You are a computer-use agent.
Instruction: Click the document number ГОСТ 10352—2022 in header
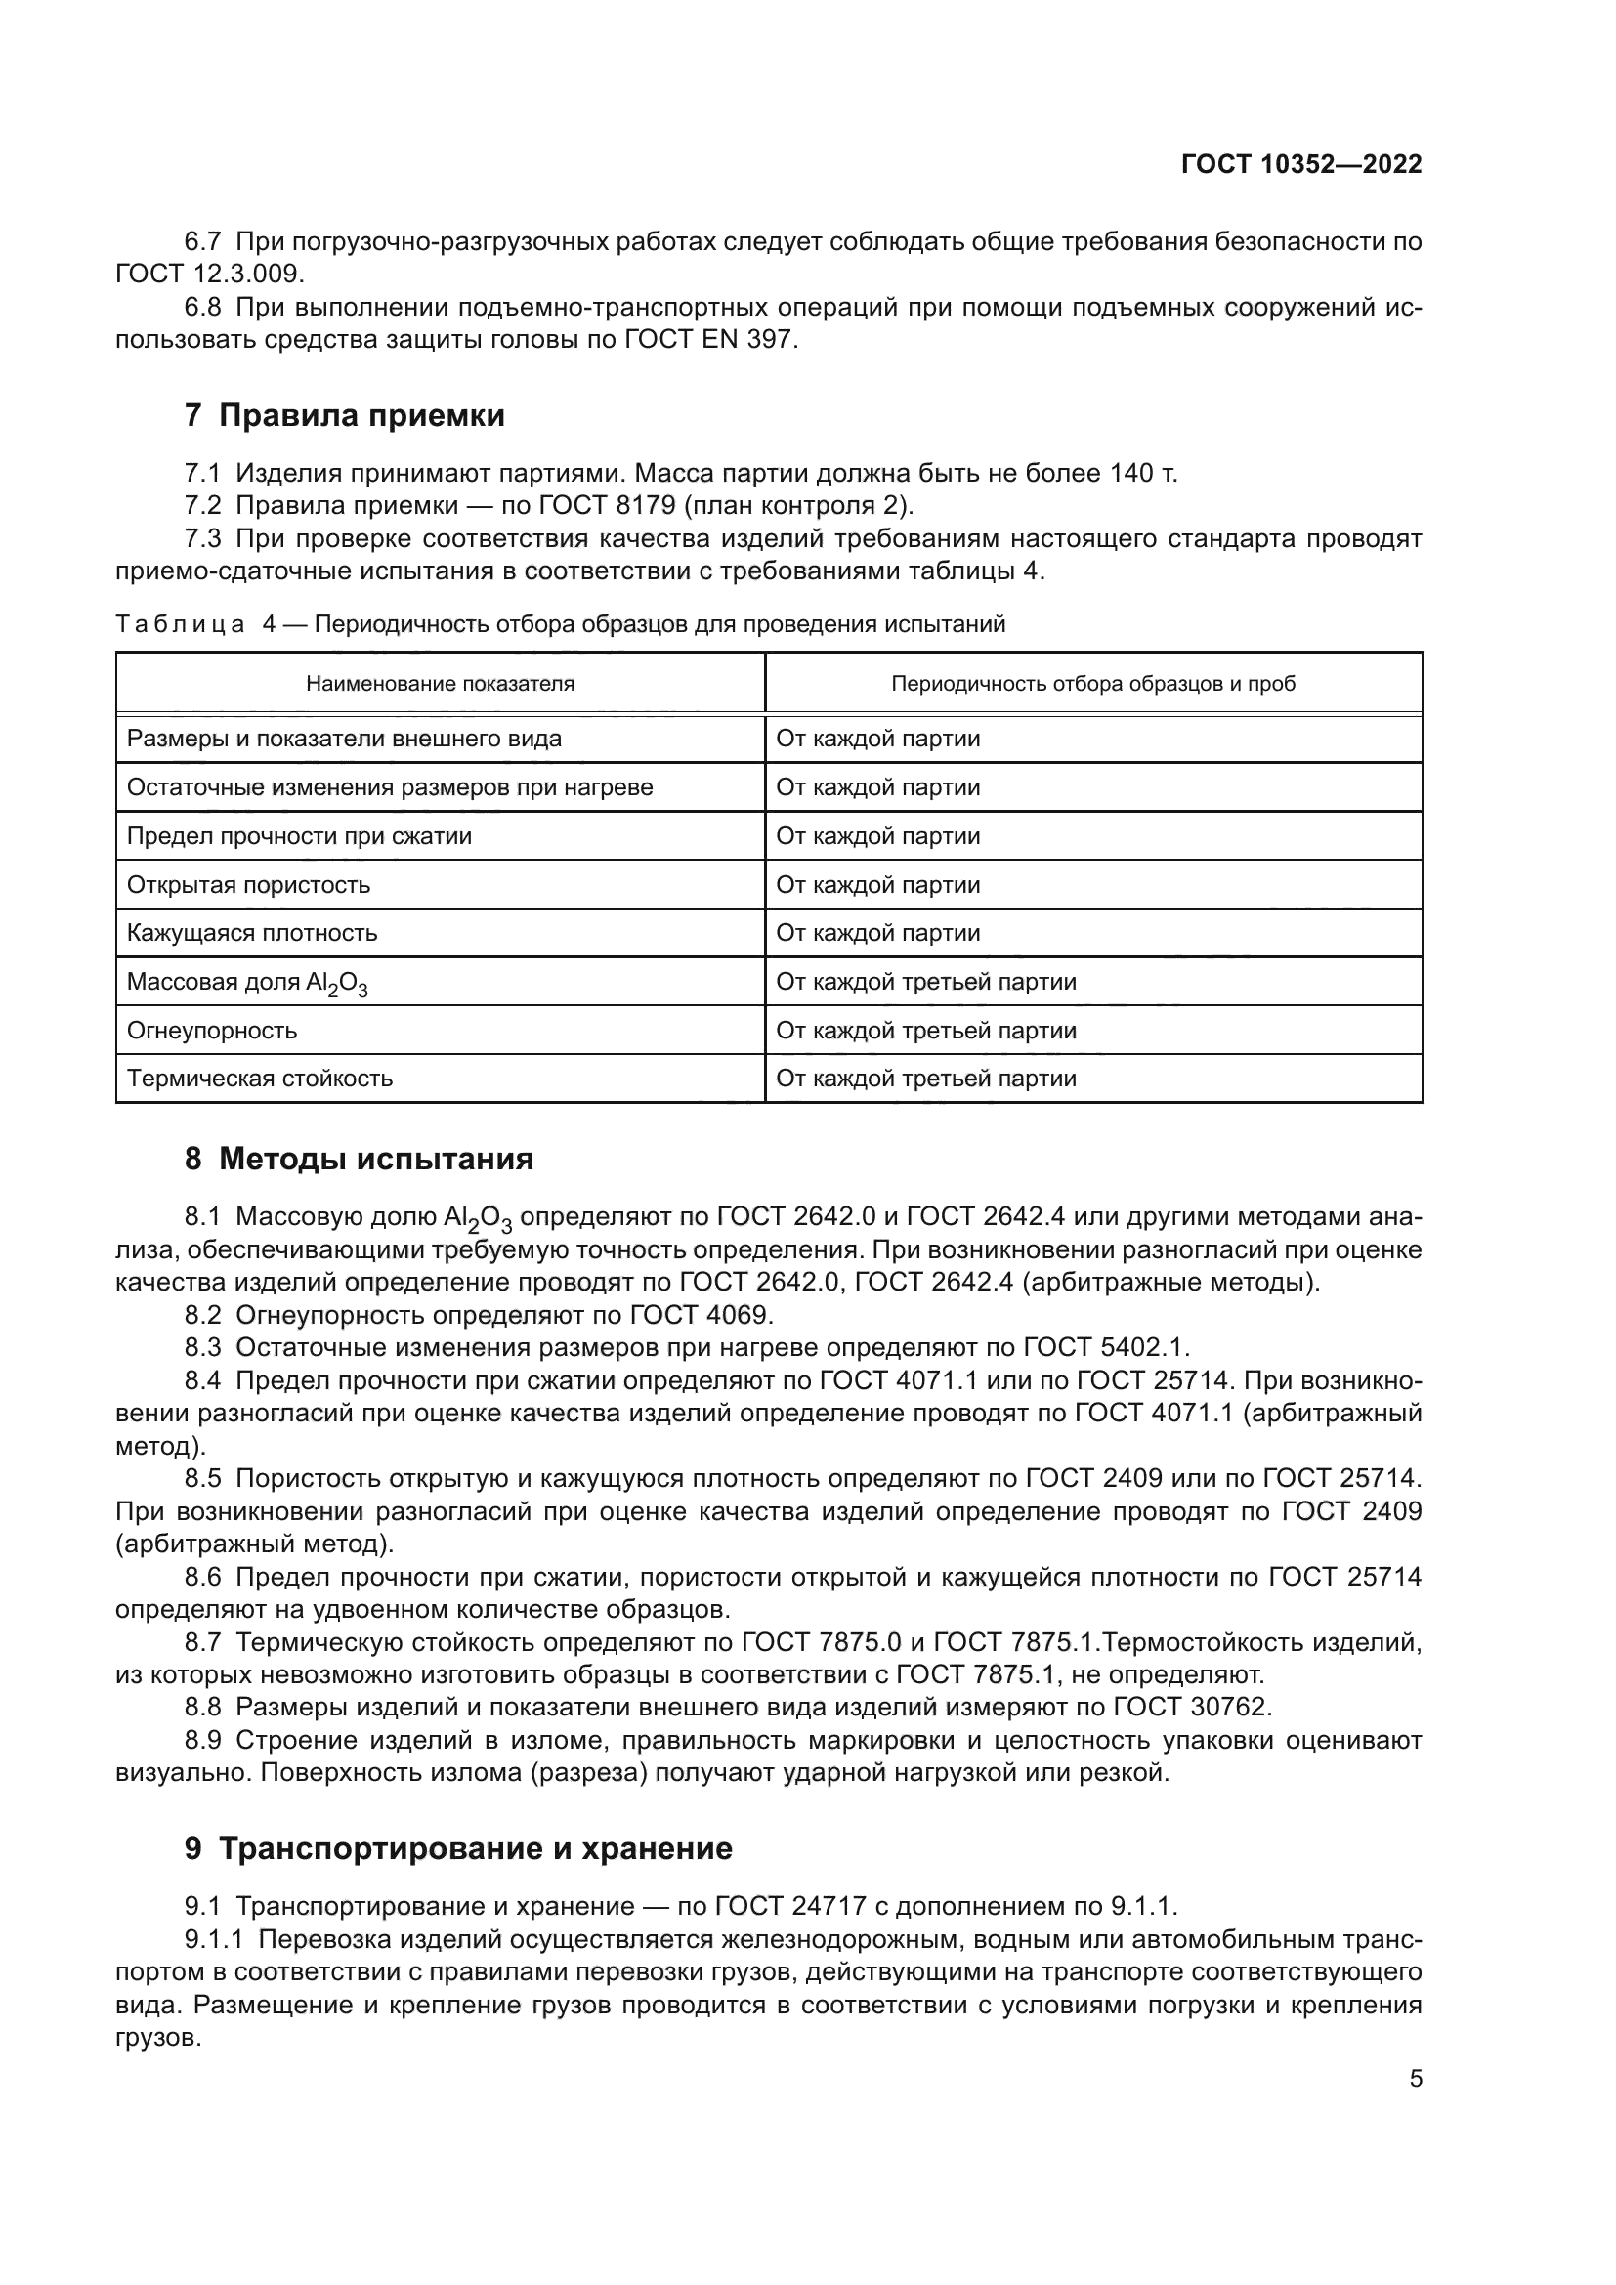pos(1300,165)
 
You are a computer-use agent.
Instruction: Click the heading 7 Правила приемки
pos(344,415)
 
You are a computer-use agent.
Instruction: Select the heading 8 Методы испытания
pos(359,1160)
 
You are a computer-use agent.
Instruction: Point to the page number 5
pos(1415,2079)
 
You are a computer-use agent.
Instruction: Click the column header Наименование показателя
pos(440,684)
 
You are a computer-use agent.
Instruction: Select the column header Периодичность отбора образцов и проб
pos(1092,684)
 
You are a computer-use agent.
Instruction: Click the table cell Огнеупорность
pos(212,1030)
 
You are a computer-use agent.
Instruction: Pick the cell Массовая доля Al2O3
pos(247,982)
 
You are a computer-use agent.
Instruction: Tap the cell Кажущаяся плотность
pos(252,934)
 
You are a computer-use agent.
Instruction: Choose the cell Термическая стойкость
pos(260,1079)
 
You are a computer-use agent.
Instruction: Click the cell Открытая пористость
pos(249,885)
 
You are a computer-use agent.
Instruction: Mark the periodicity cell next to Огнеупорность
pos(925,1030)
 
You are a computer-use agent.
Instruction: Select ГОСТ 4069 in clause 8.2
pos(701,1316)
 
